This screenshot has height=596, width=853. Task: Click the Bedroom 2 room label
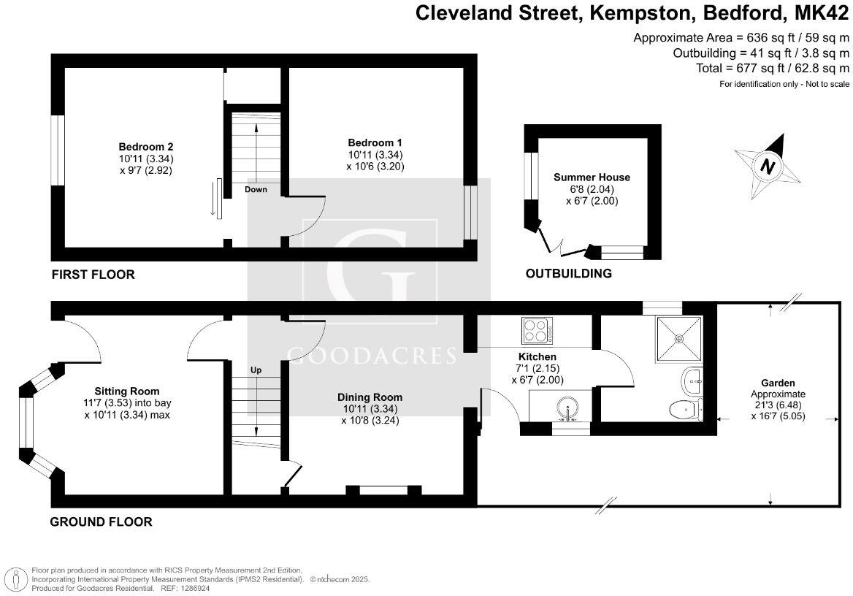pyautogui.click(x=146, y=146)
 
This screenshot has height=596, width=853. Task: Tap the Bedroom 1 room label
pyautogui.click(x=375, y=142)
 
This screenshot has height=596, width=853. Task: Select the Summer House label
pyautogui.click(x=592, y=177)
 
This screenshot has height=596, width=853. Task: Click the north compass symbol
pyautogui.click(x=768, y=166)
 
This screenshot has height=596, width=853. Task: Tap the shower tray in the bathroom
pyautogui.click(x=679, y=338)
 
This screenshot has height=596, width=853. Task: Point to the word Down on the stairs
pyautogui.click(x=256, y=189)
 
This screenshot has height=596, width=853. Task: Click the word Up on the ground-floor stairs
pyautogui.click(x=256, y=370)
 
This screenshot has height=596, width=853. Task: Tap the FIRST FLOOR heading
pyautogui.click(x=93, y=275)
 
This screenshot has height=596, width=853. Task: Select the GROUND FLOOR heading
pyautogui.click(x=101, y=521)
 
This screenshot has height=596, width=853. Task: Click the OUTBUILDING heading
pyautogui.click(x=568, y=274)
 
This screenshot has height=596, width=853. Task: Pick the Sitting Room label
pyautogui.click(x=127, y=391)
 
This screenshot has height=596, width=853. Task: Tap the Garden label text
pyautogui.click(x=778, y=383)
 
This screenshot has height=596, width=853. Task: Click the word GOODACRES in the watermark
pyautogui.click(x=372, y=356)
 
